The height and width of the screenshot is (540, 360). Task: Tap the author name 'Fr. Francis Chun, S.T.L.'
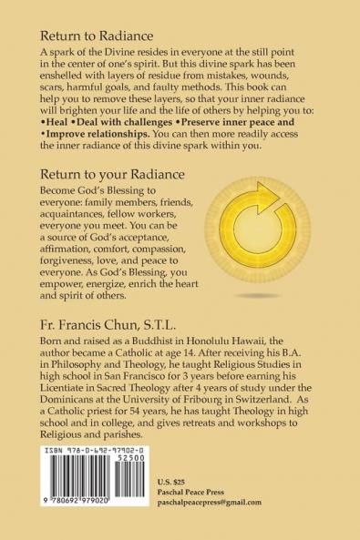[x=119, y=321]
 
